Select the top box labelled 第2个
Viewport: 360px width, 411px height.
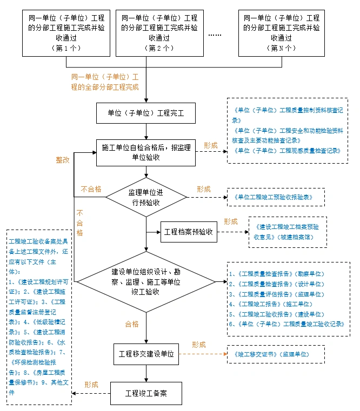coord(159,32)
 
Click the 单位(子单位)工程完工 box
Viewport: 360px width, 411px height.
coord(146,113)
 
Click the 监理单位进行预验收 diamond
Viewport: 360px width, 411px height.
coord(146,197)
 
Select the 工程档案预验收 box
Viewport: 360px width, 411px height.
coord(188,232)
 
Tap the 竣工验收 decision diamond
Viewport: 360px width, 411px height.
coord(146,281)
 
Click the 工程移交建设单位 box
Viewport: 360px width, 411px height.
coord(146,354)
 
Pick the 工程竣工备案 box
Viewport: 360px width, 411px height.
coord(146,393)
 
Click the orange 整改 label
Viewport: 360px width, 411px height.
coord(63,160)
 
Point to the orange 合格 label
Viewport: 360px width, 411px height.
coord(132,324)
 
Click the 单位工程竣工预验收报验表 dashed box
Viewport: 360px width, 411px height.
coord(276,197)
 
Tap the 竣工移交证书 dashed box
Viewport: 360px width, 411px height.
coord(276,354)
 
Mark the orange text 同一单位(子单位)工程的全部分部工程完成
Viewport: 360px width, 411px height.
coord(105,82)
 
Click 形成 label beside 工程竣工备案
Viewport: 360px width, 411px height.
coord(91,385)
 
